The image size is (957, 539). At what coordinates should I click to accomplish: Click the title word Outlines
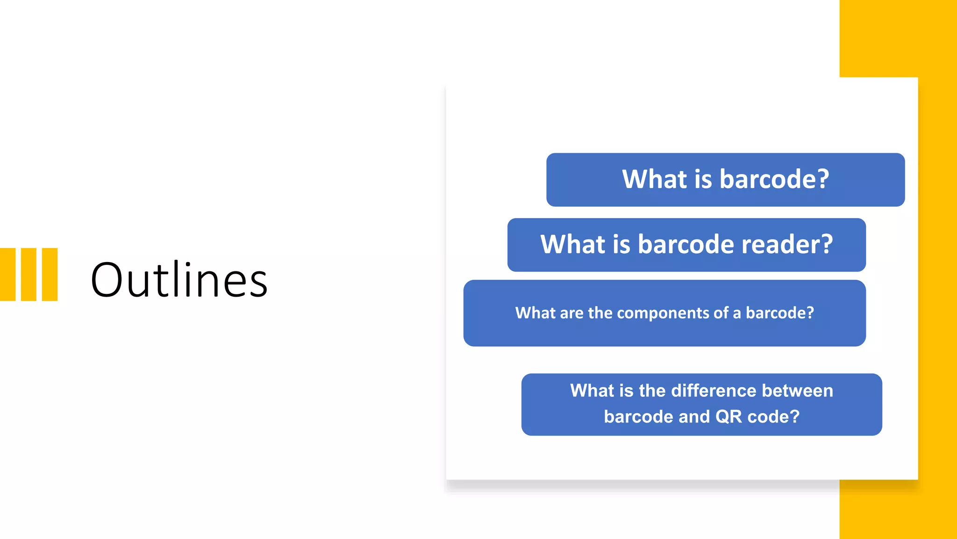coord(179,280)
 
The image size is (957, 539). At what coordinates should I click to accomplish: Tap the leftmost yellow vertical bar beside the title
coord(7,274)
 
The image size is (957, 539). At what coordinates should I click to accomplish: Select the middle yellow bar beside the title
coord(29,274)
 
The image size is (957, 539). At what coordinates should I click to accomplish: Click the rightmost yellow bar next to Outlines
coord(50,274)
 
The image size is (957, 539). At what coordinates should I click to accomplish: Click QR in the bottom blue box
coord(728,416)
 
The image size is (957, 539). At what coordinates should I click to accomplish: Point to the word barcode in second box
coord(686,244)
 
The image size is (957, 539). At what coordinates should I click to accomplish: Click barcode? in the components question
coord(779,313)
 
